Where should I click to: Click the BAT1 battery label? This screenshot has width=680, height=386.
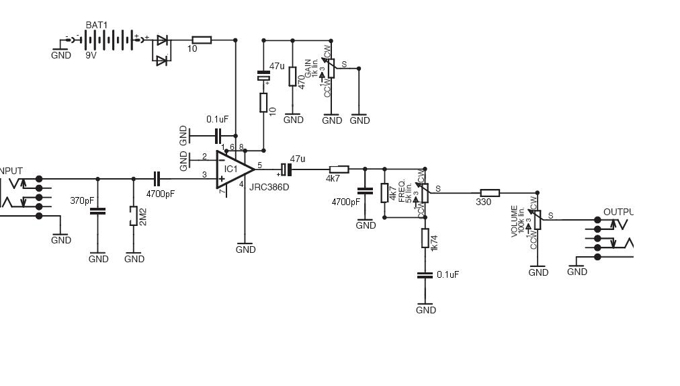[x=96, y=25]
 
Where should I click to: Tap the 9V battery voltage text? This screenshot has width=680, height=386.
[x=91, y=56]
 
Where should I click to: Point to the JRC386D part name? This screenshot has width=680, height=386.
[x=269, y=187]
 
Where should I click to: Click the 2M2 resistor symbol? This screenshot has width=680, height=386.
[x=134, y=216]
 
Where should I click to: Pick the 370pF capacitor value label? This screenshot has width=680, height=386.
[x=82, y=200]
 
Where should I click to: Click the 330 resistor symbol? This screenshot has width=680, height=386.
[x=490, y=192]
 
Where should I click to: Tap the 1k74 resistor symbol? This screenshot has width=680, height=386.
[x=425, y=238]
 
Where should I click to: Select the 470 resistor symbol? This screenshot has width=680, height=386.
[x=293, y=77]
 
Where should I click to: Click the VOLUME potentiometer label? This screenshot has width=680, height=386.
[x=515, y=221]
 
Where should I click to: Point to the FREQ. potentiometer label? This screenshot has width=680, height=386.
[x=402, y=191]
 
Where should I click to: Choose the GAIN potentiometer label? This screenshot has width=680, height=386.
[x=308, y=69]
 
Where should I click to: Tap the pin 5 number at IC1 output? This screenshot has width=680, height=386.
[x=259, y=165]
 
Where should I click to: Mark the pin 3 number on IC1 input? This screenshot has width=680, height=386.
[x=204, y=176]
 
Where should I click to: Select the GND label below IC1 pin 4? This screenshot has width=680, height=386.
[x=246, y=249]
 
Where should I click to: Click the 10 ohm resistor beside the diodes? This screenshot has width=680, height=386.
[x=201, y=40]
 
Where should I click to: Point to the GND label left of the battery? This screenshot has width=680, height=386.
[x=61, y=55]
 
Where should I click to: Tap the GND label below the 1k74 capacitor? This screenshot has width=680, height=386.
[x=426, y=310]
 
